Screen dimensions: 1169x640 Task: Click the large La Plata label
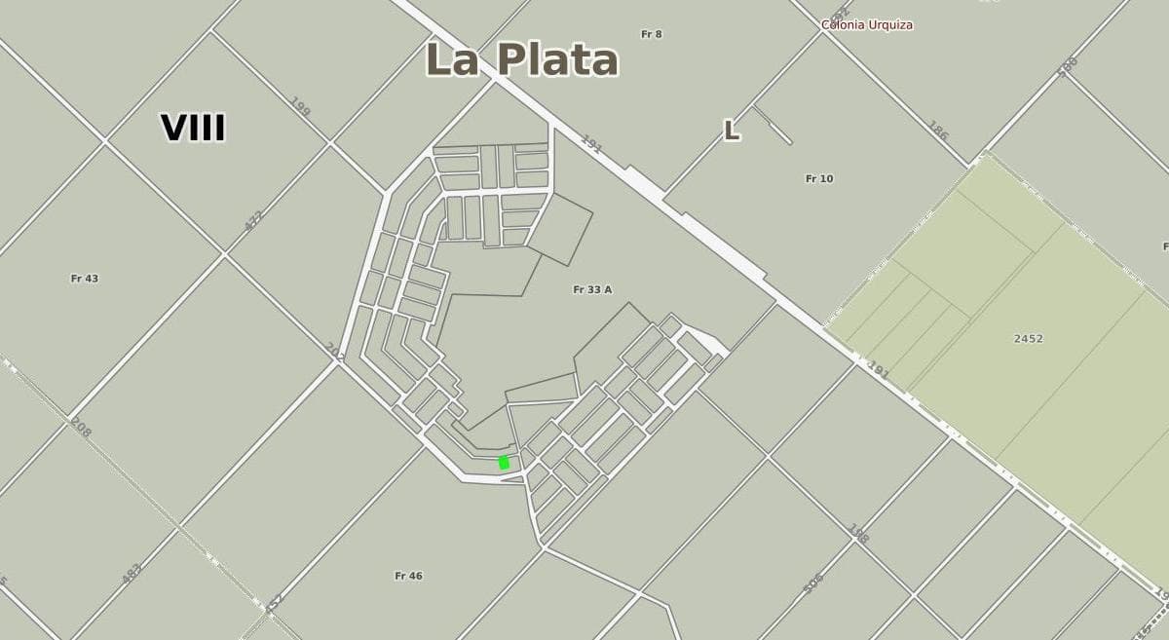click(522, 59)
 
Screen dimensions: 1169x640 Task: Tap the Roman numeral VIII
click(193, 129)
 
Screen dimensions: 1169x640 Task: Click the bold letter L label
click(731, 131)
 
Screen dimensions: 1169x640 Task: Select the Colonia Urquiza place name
click(867, 25)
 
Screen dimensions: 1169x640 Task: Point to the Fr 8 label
click(652, 34)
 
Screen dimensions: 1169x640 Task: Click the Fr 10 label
click(819, 178)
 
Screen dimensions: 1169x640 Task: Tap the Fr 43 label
click(85, 279)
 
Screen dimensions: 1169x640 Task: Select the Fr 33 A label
click(592, 289)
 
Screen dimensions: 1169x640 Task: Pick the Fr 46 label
click(408, 576)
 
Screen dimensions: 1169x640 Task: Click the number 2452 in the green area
click(1028, 339)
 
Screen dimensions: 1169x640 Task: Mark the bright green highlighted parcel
click(504, 463)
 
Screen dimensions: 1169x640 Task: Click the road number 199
click(300, 107)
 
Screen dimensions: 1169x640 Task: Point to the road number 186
click(937, 131)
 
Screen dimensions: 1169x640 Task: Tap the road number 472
click(254, 220)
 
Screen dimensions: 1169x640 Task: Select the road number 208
click(81, 426)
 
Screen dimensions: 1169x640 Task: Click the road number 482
click(132, 574)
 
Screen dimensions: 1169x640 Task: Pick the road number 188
click(857, 533)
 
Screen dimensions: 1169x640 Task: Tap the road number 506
click(813, 583)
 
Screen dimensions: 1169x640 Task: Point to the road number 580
click(1068, 66)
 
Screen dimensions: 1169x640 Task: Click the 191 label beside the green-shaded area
click(879, 371)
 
